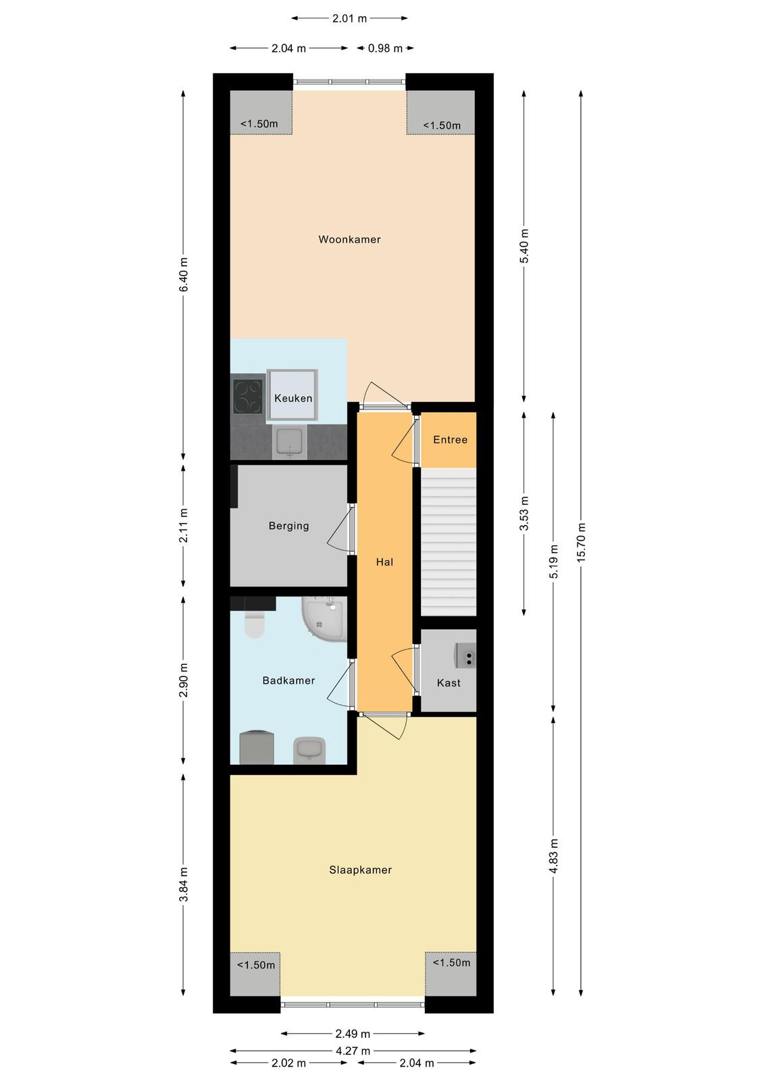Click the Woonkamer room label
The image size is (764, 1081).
click(x=349, y=239)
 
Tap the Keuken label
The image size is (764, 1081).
click(x=293, y=398)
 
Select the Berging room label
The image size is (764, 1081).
click(x=288, y=526)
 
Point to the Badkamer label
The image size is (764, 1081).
click(x=288, y=680)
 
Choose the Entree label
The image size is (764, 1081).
click(x=451, y=440)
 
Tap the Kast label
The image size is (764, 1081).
click(x=449, y=683)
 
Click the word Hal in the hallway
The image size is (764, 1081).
click(x=384, y=562)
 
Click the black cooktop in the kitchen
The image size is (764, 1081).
click(x=248, y=397)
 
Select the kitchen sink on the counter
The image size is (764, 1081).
click(x=289, y=442)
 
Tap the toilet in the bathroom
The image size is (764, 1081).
click(x=254, y=624)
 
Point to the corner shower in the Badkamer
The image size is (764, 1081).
click(x=324, y=619)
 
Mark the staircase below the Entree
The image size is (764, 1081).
click(x=449, y=541)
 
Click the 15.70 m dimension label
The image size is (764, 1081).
click(x=581, y=541)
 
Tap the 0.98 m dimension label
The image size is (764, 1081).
click(x=385, y=48)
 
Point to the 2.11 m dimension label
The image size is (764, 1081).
click(x=183, y=526)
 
